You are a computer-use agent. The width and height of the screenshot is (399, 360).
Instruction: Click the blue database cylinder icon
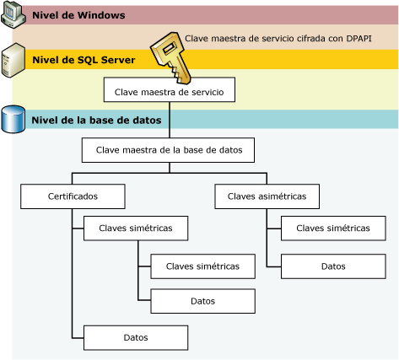pos(13,119)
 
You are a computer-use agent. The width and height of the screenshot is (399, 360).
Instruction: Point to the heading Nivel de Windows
pos(78,15)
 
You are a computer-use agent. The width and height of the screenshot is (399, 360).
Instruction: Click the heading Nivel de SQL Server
pos(83,60)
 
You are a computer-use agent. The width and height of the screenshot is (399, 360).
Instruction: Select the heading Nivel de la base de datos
pos(96,120)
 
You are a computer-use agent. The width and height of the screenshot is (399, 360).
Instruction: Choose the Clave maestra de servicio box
pos(169,89)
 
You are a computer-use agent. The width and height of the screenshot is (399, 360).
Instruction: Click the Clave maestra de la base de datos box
pos(168,150)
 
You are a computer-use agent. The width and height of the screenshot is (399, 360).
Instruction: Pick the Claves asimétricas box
pos(267,196)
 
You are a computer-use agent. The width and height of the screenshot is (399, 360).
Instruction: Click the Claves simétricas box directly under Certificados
pos(135,228)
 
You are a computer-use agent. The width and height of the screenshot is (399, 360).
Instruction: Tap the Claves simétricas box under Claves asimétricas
pos(332,228)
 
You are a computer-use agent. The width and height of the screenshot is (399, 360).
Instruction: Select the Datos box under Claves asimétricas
pos(332,266)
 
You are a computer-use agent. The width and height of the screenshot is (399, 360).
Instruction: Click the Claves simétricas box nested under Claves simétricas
pos(202,266)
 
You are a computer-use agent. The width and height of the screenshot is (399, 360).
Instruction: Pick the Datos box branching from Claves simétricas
pos(202,301)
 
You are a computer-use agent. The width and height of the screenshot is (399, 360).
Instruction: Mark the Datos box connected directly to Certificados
pos(135,337)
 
